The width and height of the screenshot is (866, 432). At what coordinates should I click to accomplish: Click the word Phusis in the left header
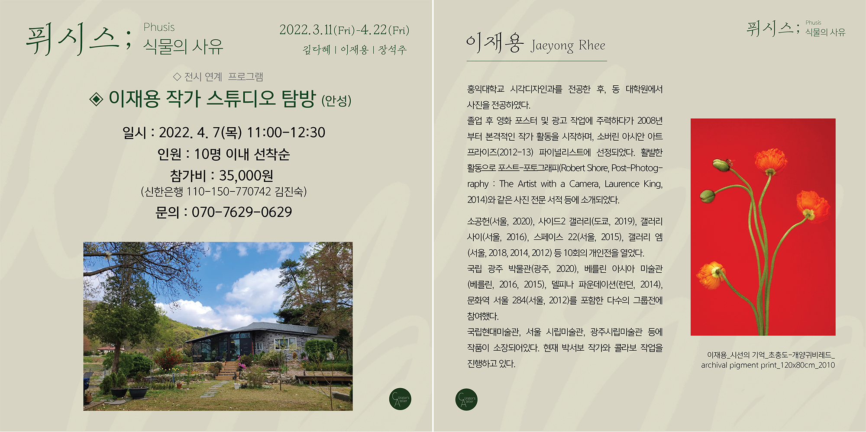click(159, 28)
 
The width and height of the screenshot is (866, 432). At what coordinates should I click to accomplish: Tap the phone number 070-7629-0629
click(242, 212)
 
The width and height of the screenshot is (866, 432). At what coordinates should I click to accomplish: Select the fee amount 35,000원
click(246, 176)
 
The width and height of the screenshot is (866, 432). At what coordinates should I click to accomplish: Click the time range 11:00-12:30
click(286, 132)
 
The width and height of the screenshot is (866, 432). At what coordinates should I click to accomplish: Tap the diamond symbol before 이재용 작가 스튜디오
click(96, 99)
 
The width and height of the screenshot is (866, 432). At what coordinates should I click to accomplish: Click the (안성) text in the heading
click(336, 101)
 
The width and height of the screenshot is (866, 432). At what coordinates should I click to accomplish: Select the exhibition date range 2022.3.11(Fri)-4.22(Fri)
click(344, 30)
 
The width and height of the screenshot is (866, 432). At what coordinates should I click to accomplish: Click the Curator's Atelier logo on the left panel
click(400, 399)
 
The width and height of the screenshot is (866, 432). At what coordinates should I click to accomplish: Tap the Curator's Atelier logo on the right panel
click(466, 400)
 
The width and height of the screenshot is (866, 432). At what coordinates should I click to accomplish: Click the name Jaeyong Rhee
click(568, 46)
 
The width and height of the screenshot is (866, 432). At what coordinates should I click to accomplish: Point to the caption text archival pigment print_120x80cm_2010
click(768, 365)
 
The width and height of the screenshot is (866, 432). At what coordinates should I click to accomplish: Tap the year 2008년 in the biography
click(650, 121)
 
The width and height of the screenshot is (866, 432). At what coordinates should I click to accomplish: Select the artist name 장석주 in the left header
click(392, 50)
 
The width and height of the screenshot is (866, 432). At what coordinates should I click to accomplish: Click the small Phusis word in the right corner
click(813, 23)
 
